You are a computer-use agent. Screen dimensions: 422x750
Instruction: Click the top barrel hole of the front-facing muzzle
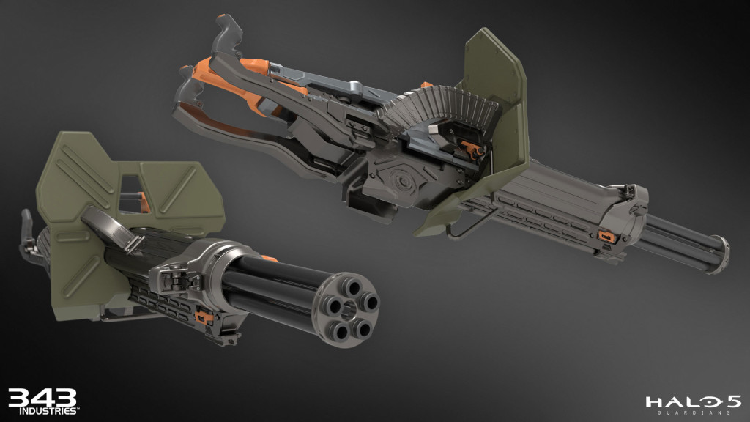(x=342, y=284)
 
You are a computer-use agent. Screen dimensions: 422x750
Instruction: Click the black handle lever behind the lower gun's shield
(x=27, y=227)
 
